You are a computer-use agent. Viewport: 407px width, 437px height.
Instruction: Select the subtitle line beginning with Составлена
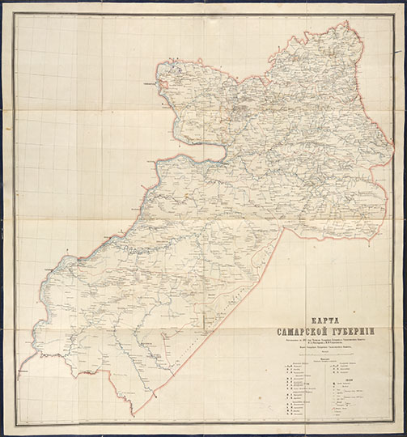333,340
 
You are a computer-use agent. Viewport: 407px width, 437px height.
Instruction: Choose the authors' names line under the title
333,345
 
